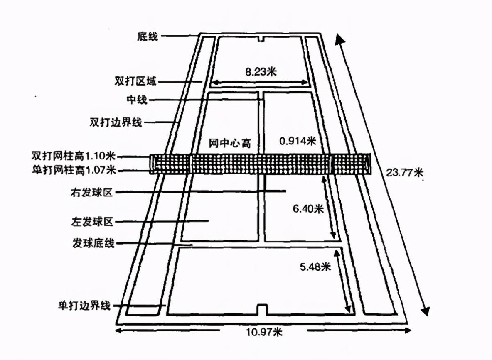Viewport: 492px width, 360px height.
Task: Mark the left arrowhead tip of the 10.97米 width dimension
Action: (x=116, y=330)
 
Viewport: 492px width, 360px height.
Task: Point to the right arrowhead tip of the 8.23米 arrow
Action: (x=309, y=83)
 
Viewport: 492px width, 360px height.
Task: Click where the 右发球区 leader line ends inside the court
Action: (x=286, y=191)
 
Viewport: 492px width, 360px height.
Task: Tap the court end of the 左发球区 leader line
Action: (x=209, y=221)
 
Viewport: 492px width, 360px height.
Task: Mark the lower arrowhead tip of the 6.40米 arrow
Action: (x=335, y=239)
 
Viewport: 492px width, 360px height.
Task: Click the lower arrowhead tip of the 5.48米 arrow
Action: (x=349, y=312)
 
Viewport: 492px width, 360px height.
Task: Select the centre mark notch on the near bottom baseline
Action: (x=262, y=309)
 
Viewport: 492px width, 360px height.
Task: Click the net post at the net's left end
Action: (x=152, y=164)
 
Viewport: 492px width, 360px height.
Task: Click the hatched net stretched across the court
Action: (x=260, y=164)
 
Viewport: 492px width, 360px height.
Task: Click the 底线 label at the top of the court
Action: (x=147, y=36)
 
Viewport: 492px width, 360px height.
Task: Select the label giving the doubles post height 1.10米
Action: (x=73, y=156)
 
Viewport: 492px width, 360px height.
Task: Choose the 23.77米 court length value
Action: (x=404, y=172)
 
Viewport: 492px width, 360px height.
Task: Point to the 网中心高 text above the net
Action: (x=230, y=143)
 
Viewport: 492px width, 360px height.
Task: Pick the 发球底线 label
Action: (x=93, y=243)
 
